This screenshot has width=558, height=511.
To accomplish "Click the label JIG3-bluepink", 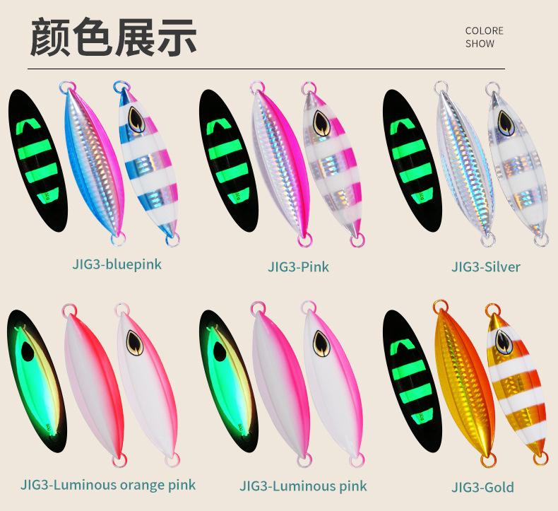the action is click(x=117, y=264).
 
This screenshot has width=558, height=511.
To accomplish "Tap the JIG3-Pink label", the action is click(x=298, y=266).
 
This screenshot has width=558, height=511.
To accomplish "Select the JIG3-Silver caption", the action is click(x=485, y=266).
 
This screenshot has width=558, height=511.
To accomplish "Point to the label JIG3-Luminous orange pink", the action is click(x=108, y=485).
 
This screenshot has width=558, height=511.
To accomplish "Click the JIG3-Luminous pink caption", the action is click(x=303, y=486).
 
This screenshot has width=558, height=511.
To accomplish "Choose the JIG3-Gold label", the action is click(x=482, y=487).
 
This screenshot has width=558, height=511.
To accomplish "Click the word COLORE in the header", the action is click(x=484, y=30).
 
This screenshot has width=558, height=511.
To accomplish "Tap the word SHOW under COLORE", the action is click(x=480, y=44).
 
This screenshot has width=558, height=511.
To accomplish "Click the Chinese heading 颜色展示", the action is click(x=113, y=37).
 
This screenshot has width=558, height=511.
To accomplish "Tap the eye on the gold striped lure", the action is click(x=503, y=341).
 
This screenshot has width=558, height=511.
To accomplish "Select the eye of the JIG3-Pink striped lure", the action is click(x=321, y=124).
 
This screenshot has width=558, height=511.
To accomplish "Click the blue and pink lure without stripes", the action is click(x=91, y=159).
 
